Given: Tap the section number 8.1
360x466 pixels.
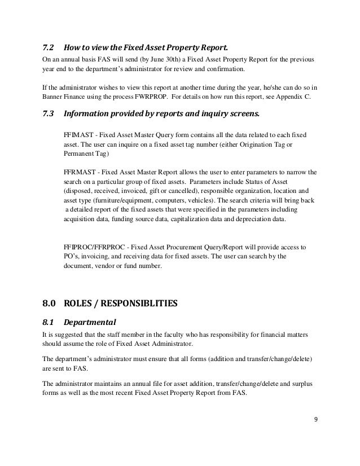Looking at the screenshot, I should pyautogui.click(x=49, y=323).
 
